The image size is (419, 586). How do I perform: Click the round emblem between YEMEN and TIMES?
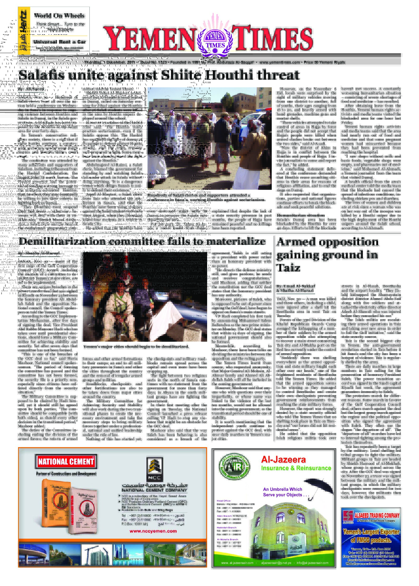pos(215,40)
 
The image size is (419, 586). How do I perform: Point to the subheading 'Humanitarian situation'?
pos(300,215)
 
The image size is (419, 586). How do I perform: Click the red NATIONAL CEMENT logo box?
pos(66,462)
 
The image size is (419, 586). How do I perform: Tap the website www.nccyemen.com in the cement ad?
pos(153,531)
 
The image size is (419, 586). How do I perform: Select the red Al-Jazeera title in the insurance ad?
pos(283,459)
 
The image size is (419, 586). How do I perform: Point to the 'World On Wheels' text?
pos(59,16)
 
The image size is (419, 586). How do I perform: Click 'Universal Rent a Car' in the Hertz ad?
pos(60,42)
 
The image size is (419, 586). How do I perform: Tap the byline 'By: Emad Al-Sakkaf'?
pos(296,286)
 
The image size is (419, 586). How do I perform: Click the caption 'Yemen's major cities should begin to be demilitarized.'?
pos(136,347)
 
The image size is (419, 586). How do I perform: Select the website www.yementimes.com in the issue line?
pos(279,62)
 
